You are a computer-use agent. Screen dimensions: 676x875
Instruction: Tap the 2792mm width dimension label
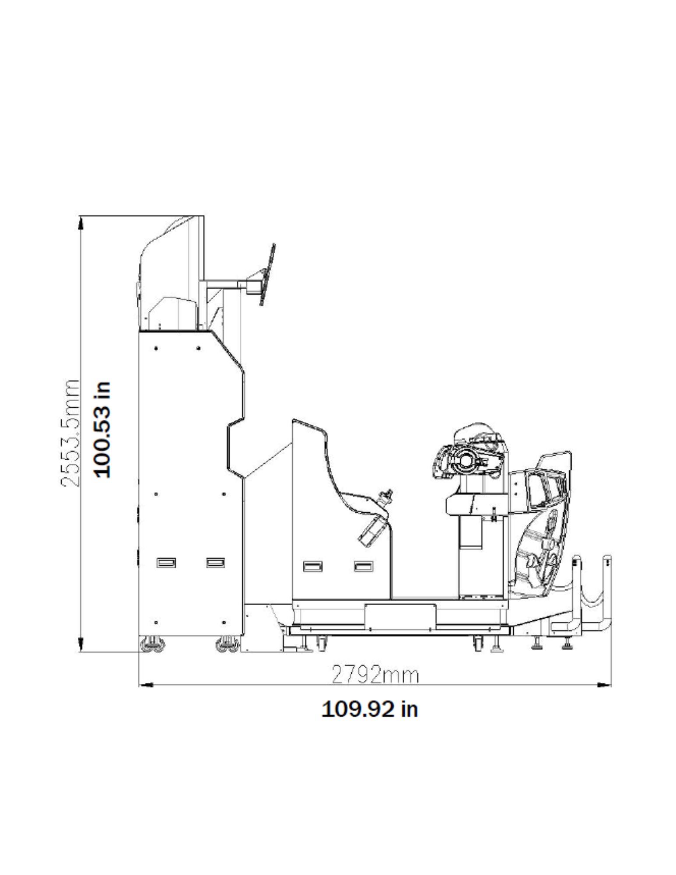(x=375, y=675)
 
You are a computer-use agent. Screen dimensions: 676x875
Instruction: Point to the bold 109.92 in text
(x=370, y=709)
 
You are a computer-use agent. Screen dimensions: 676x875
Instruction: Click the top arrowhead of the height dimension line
(x=81, y=224)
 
